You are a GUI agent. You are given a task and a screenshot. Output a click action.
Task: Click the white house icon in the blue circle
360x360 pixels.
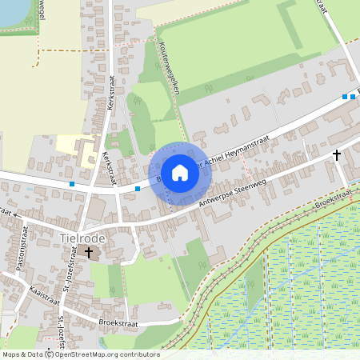[180, 171]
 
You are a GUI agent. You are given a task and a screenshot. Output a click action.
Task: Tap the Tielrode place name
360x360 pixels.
[82, 238]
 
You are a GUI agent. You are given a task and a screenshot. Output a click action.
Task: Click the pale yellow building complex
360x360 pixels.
[77, 149]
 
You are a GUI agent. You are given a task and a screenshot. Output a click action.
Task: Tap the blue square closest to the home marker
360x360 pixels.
[138, 188]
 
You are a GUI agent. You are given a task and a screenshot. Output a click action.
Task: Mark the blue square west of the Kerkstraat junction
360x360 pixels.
[72, 185]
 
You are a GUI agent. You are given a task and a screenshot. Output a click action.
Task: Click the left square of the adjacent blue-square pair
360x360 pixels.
[345, 97]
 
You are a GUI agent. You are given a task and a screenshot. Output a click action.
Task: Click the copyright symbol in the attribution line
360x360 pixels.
[50, 354]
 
